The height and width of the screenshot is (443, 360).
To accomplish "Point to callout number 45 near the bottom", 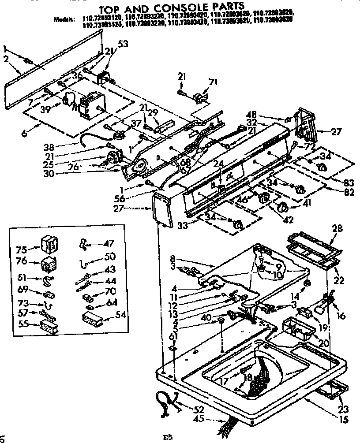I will click(x=199, y=420).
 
